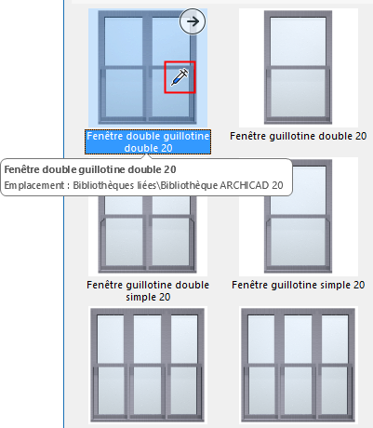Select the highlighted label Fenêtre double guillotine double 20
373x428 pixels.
(148, 140)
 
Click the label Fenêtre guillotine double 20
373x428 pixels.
(298, 136)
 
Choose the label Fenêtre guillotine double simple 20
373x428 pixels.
(149, 290)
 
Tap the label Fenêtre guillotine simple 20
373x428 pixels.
(298, 284)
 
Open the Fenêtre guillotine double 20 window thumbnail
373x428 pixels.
(298, 67)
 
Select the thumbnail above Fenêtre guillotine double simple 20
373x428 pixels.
(149, 233)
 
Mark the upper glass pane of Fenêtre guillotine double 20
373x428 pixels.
(298, 43)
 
